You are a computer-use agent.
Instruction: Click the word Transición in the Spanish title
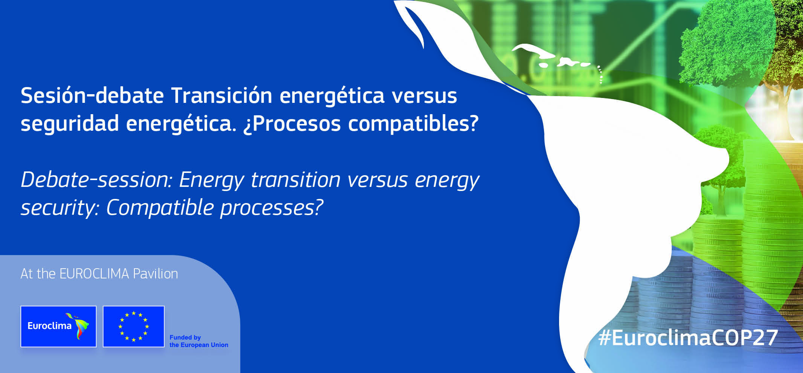tap(222, 95)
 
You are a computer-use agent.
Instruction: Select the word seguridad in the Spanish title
tap(70, 123)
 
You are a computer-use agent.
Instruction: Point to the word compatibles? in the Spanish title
tap(413, 123)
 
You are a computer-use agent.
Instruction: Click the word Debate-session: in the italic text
tap(96, 180)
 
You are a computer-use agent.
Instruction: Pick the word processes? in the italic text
tap(272, 208)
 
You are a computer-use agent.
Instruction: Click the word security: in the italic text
tap(60, 208)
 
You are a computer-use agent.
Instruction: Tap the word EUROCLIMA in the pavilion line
tap(94, 274)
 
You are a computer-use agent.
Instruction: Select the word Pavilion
tap(155, 274)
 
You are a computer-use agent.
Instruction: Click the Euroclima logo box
tap(58, 326)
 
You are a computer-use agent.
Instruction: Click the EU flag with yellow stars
tap(134, 326)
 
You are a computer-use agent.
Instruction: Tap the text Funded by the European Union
tap(199, 341)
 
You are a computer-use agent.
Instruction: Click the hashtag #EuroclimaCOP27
tap(688, 338)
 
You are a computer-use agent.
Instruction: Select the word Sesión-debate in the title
tap(92, 95)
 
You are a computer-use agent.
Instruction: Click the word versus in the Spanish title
tap(424, 96)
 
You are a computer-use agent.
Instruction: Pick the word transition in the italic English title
tap(296, 180)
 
